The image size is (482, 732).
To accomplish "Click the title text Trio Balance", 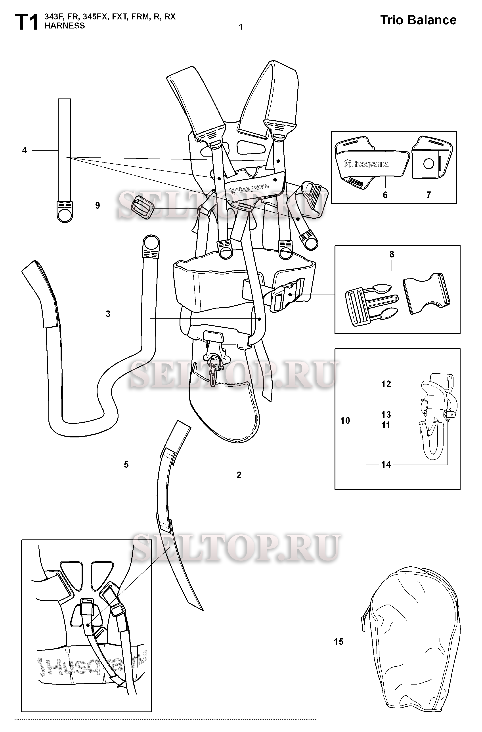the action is click(x=418, y=20).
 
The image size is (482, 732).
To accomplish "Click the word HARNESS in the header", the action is click(x=65, y=26).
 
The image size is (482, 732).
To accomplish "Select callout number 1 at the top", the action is click(x=241, y=27).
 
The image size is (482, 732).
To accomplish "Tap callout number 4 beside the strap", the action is click(x=25, y=150).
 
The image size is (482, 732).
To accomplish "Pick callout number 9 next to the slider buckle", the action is click(x=98, y=205).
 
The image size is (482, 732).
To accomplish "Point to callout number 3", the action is click(x=108, y=314).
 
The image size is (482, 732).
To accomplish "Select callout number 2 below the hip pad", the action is click(x=239, y=475).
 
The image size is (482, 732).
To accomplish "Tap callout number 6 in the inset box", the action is click(x=385, y=195).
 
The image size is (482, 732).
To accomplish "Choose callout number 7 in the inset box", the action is click(x=428, y=195).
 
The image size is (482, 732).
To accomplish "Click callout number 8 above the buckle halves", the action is click(x=392, y=254).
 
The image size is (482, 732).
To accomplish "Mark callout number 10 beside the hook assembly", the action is click(x=345, y=420).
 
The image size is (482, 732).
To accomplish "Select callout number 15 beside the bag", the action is click(x=339, y=642).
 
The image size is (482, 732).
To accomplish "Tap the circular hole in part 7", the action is click(x=428, y=164).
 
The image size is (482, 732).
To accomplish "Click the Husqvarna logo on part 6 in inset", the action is click(x=366, y=164).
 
